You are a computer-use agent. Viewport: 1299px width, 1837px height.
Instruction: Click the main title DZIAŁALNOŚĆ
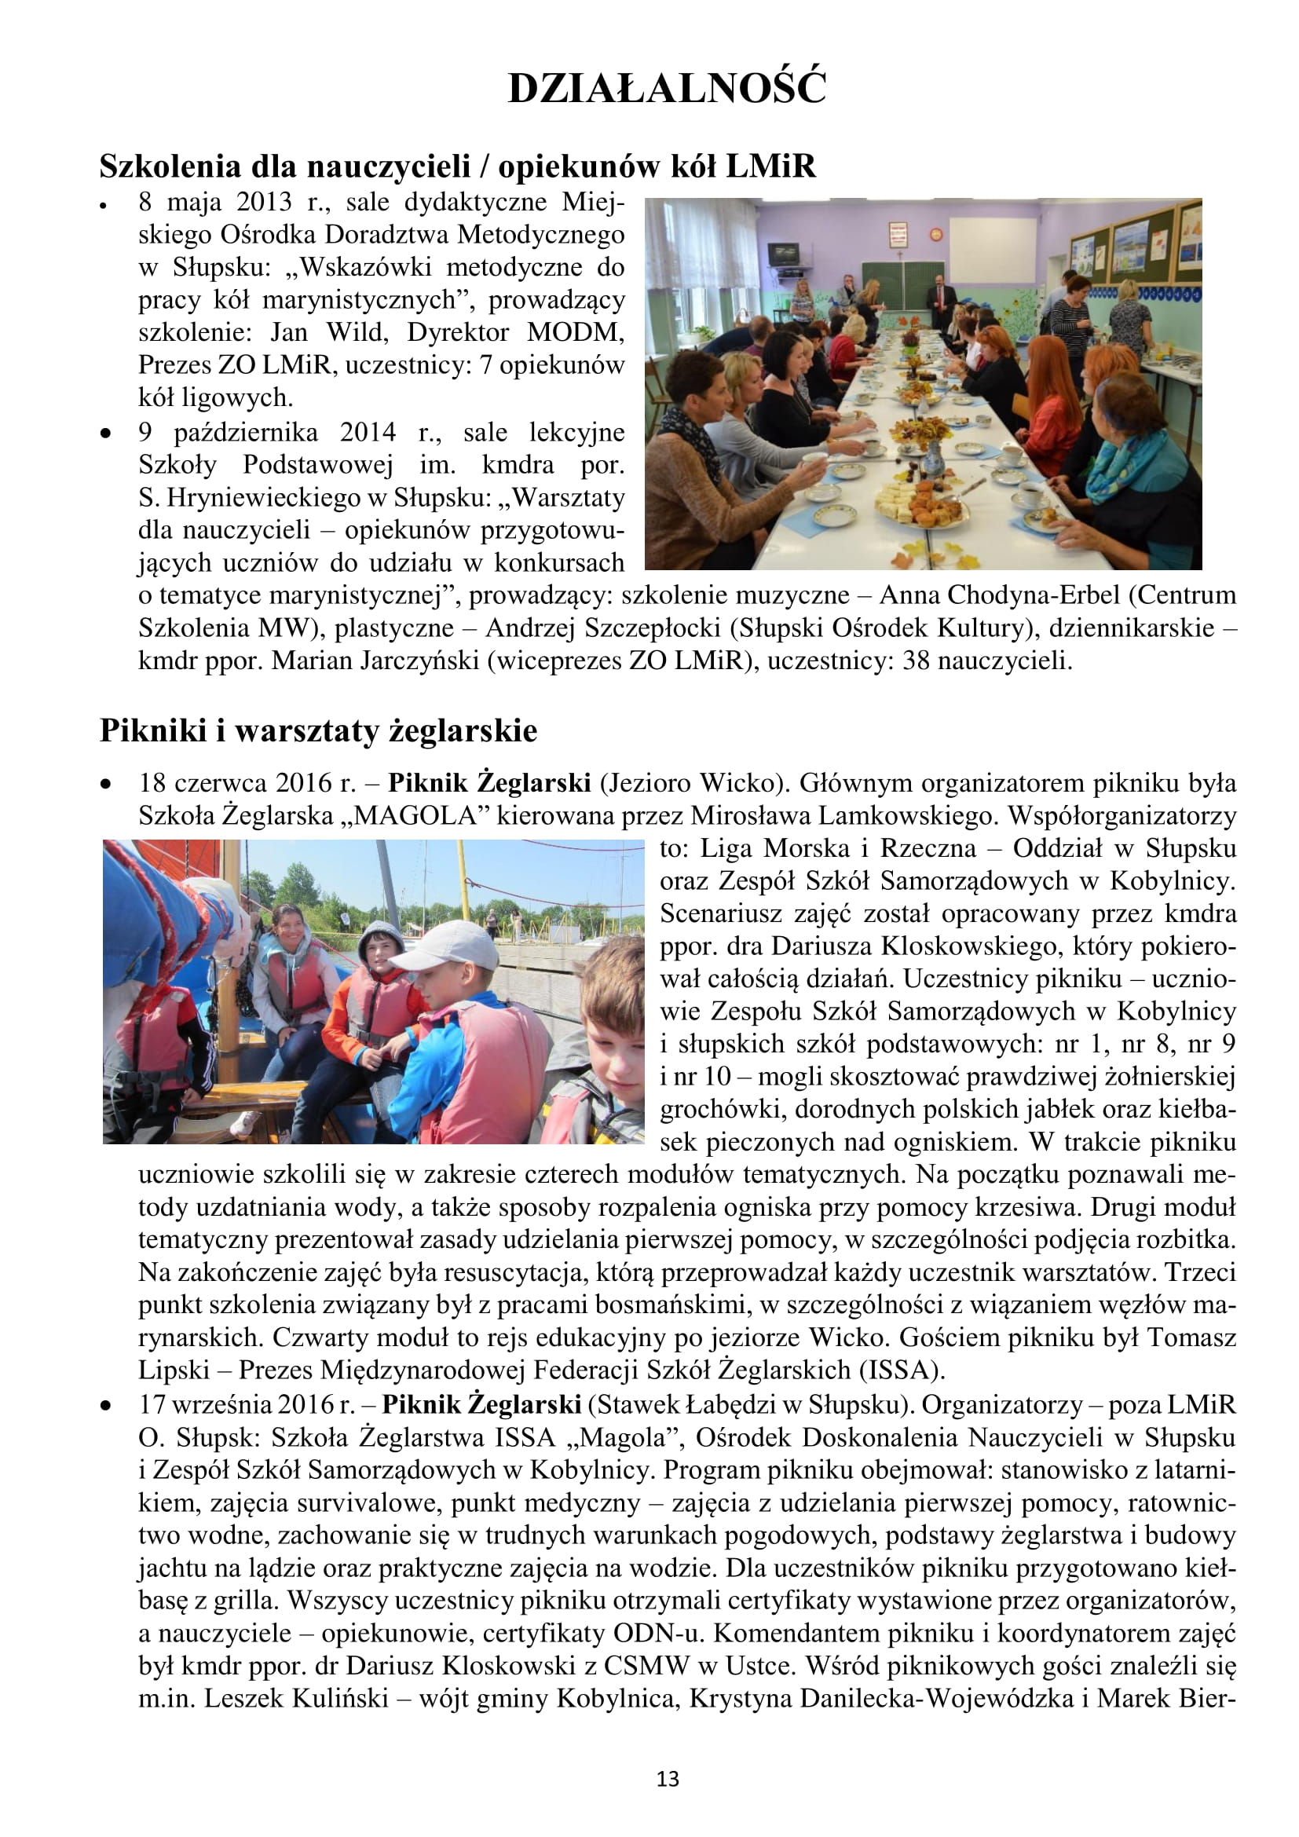click(x=666, y=88)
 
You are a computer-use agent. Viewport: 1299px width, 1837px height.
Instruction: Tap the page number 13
click(x=667, y=1779)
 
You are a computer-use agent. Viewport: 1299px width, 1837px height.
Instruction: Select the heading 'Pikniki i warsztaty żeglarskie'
click(x=318, y=730)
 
